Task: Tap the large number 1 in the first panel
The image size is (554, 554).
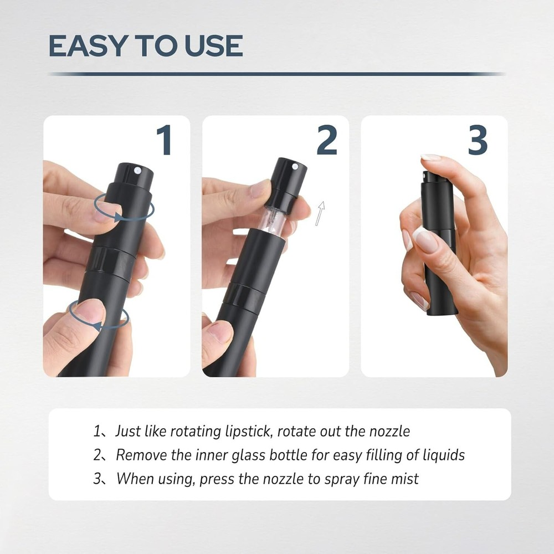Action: (163, 140)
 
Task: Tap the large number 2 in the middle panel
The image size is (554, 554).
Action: (327, 140)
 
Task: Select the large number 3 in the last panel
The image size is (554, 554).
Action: (478, 140)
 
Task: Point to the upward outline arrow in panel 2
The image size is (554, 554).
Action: (320, 213)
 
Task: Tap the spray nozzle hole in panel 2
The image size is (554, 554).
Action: (295, 166)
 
